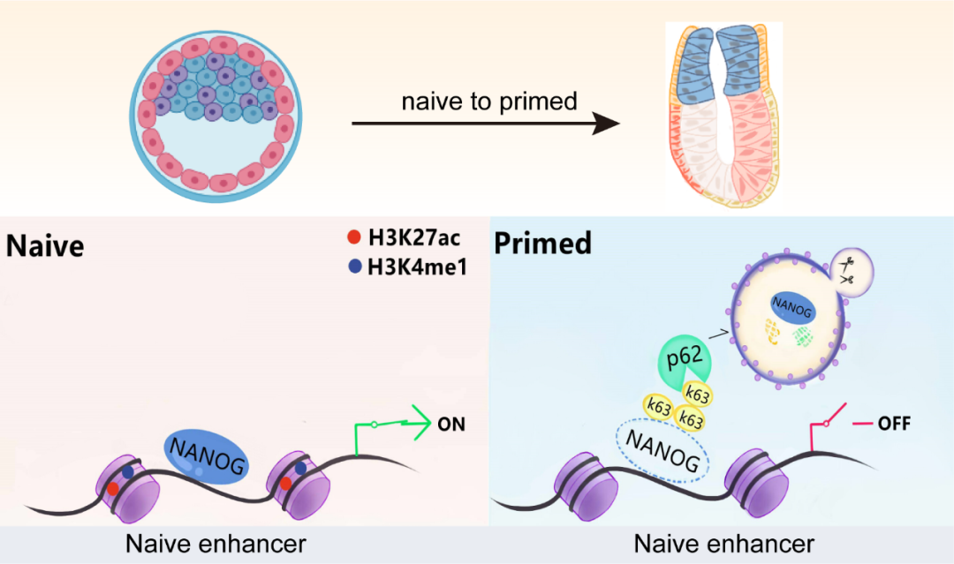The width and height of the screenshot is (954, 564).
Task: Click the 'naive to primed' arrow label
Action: [488, 102]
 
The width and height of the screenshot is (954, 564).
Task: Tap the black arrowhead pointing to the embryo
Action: [607, 124]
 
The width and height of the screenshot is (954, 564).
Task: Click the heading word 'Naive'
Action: [45, 245]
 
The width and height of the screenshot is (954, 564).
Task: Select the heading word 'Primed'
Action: [542, 243]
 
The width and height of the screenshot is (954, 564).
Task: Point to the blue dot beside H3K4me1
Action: [353, 264]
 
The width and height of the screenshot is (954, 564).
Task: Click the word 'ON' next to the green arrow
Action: [450, 425]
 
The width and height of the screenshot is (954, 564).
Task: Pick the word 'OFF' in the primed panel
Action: [894, 425]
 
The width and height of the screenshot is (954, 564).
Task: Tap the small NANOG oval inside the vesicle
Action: [791, 306]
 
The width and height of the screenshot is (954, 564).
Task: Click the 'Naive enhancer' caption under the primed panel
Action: [723, 542]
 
